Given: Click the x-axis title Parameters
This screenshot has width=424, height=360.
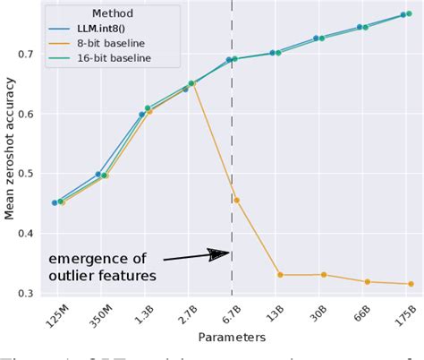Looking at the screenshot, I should (233, 339).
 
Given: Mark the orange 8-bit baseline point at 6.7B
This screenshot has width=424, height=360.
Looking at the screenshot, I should (236, 200).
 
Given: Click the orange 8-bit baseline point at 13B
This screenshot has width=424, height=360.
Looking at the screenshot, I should (280, 275).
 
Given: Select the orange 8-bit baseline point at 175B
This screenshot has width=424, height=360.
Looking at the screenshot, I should (411, 284).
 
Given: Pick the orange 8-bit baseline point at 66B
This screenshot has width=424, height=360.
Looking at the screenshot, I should (367, 282).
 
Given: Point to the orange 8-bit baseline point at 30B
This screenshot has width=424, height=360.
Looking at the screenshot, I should (324, 275).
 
